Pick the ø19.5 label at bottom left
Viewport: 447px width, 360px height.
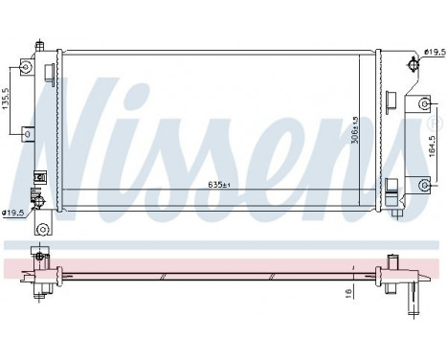coord(13,213)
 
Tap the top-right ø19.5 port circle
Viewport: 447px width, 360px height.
coord(413,64)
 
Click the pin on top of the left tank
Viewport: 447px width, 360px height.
coord(38,44)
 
